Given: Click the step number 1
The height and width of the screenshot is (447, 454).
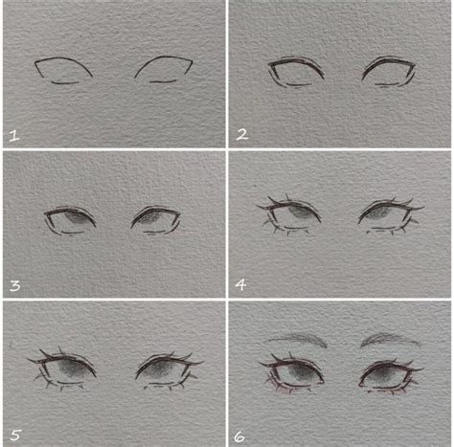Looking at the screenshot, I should [13, 135].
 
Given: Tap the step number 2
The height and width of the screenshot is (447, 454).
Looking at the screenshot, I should [242, 135].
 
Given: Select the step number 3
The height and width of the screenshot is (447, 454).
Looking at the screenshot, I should [13, 284].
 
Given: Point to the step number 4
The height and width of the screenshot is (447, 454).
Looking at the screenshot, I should [242, 284].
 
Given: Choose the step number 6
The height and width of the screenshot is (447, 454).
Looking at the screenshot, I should [241, 435].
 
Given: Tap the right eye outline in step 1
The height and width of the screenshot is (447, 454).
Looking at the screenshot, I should [164, 69].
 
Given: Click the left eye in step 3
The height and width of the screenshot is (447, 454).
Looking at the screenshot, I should [72, 220].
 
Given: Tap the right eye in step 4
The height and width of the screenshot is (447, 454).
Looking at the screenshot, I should [389, 216].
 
